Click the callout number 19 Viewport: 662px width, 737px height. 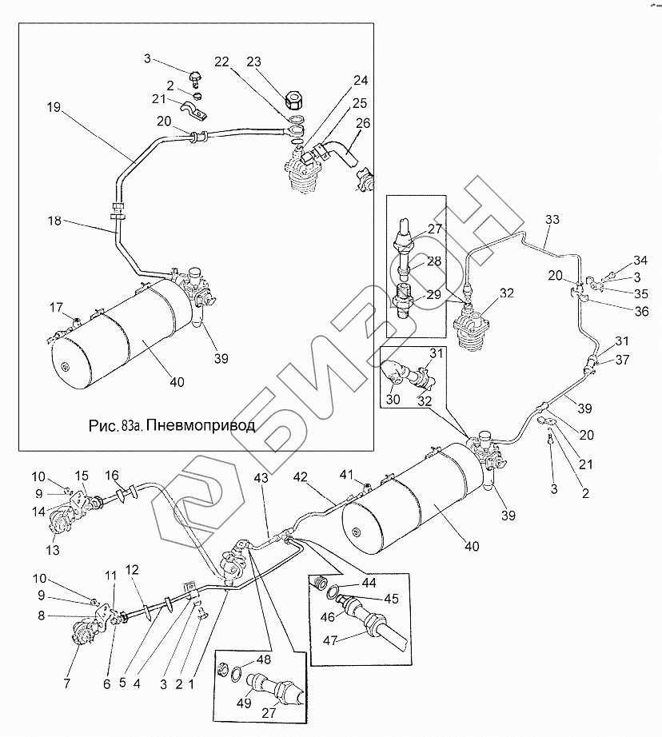[x=54, y=107]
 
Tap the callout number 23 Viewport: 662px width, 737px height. [x=254, y=62]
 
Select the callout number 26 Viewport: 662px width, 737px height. [x=363, y=123]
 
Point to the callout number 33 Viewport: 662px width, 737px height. [x=552, y=220]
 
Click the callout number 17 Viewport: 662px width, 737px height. [x=56, y=308]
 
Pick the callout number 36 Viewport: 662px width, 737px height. [x=641, y=312]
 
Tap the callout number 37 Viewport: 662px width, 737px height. [x=622, y=360]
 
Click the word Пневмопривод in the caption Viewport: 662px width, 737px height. [x=200, y=425]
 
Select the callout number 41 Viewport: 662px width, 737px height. [x=346, y=475]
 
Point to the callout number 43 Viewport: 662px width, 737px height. [x=261, y=478]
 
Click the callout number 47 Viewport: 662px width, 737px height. [x=330, y=640]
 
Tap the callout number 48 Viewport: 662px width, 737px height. [x=264, y=659]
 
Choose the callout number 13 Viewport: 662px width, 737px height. [x=53, y=550]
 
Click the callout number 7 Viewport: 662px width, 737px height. [x=67, y=683]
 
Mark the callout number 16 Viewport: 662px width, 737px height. [x=112, y=475]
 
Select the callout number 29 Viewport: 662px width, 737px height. [x=433, y=295]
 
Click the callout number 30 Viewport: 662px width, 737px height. [x=393, y=400]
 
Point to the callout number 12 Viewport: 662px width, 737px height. [x=132, y=570]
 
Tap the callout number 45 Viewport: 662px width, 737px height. [x=391, y=599]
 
